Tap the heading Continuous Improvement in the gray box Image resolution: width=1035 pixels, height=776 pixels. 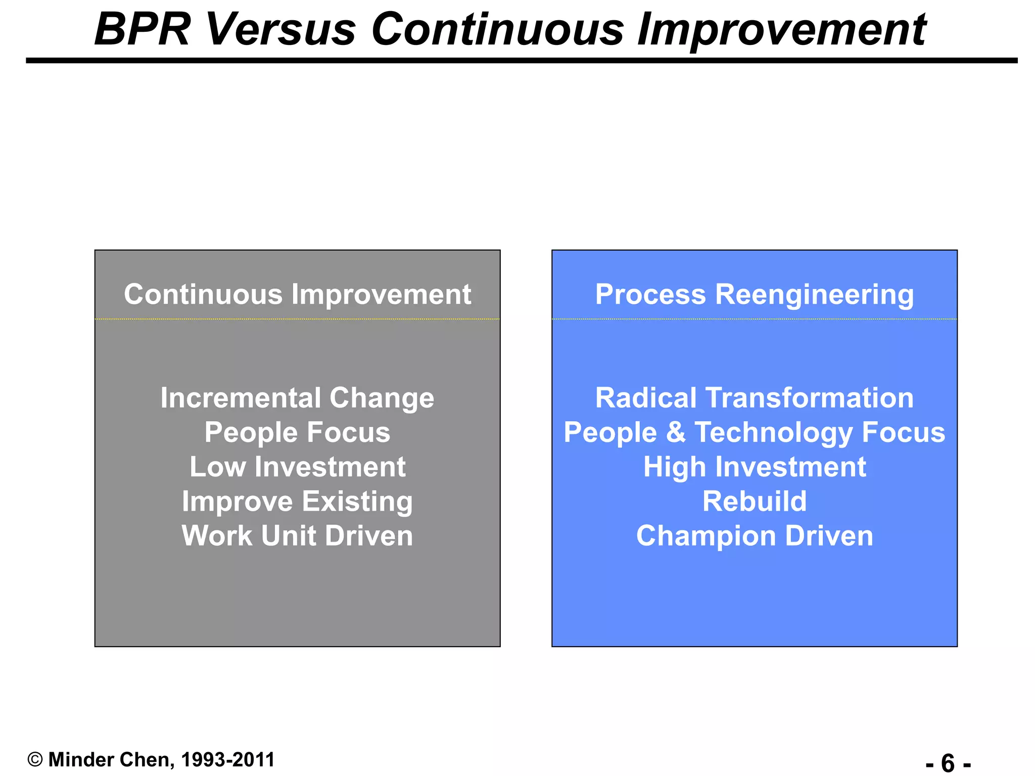pos(297,294)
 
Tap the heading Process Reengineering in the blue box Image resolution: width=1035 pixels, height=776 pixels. pos(754,294)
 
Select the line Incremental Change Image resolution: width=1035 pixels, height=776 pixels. pos(297,398)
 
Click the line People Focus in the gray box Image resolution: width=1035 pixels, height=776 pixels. pos(297,432)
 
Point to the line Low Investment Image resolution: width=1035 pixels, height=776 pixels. pos(297,467)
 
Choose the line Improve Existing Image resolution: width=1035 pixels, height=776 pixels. pos(297,501)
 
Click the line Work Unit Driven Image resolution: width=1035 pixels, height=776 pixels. pos(297,536)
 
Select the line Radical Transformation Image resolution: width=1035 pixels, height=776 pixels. pos(754,398)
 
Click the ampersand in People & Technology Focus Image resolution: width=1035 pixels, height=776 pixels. pos(676,432)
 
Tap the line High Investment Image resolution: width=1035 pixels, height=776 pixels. pos(754,467)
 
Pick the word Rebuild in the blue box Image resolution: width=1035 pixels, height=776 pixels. pos(754,501)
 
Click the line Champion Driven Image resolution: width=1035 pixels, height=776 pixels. pos(754,536)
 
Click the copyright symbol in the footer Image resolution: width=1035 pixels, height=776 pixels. pos(35,760)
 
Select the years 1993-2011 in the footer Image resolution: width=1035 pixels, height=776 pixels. pos(227,760)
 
